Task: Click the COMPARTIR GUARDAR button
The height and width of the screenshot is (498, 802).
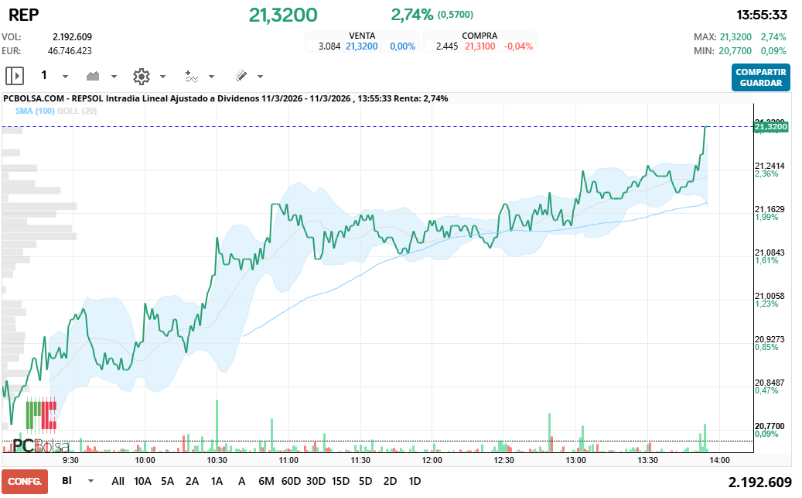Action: tap(760, 77)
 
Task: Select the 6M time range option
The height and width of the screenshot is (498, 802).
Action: tap(266, 481)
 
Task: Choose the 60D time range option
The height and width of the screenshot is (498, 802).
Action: tap(291, 481)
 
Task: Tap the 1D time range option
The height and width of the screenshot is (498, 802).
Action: tap(415, 481)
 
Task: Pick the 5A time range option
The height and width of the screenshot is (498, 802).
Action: tap(168, 481)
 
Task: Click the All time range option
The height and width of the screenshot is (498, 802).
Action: tap(118, 481)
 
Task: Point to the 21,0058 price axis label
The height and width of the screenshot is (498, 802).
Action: tap(770, 296)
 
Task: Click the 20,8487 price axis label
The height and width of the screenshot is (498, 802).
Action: tap(770, 383)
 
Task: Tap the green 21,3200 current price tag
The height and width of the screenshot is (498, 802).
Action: tap(770, 126)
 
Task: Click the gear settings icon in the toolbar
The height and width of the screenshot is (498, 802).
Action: tap(141, 76)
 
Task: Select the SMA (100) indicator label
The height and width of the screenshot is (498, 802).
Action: tap(34, 112)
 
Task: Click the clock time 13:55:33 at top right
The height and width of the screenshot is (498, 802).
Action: tap(761, 15)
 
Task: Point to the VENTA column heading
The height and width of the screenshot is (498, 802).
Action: tap(363, 36)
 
